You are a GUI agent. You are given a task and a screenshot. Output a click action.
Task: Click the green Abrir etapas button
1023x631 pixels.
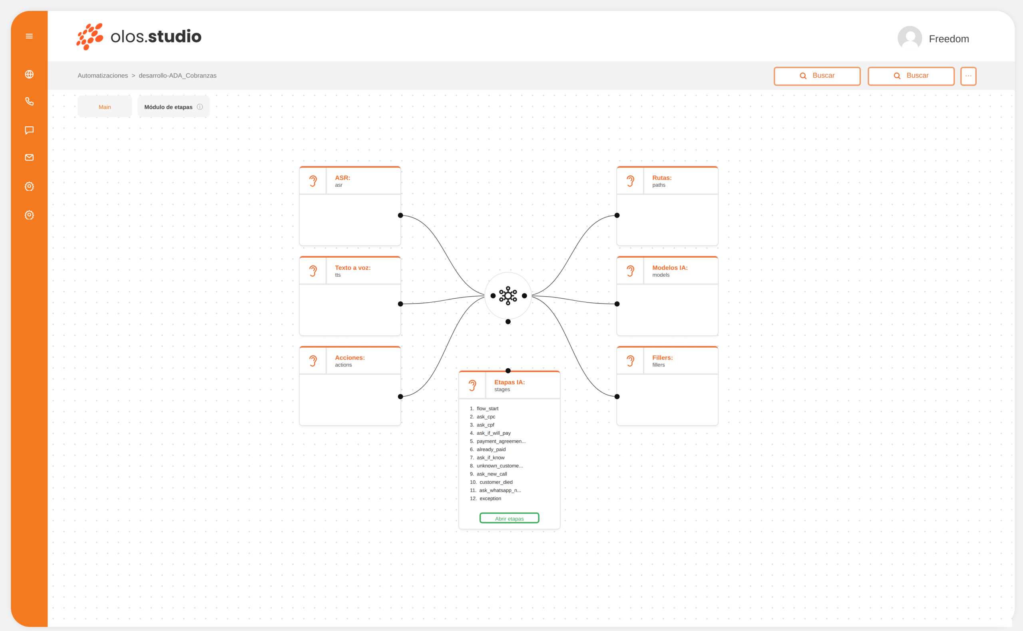click(x=509, y=518)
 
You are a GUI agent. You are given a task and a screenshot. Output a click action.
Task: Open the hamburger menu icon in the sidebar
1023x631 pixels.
click(x=29, y=36)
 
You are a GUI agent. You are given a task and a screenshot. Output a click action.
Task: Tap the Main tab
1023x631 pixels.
click(x=105, y=107)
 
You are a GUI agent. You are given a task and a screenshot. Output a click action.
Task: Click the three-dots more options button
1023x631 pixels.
click(x=968, y=76)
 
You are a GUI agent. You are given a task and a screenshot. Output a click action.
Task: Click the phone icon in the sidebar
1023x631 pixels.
click(x=29, y=102)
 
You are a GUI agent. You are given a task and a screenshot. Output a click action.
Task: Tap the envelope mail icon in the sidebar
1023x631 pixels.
click(x=29, y=157)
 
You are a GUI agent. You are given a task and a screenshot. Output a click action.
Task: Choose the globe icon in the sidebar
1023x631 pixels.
click(x=29, y=74)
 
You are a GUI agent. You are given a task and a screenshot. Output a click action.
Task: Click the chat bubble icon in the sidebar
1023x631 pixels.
click(x=29, y=130)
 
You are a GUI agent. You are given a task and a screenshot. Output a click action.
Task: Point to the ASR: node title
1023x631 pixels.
click(x=342, y=178)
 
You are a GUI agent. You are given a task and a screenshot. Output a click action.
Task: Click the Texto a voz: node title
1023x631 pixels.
click(x=352, y=268)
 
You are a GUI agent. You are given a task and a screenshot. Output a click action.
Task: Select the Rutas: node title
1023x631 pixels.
click(x=662, y=178)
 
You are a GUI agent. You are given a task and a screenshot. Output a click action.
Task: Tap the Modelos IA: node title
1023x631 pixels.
click(x=670, y=268)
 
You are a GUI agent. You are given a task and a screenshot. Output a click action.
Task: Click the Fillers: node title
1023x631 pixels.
click(x=662, y=357)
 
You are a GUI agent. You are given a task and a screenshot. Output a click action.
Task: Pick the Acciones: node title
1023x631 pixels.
click(x=350, y=357)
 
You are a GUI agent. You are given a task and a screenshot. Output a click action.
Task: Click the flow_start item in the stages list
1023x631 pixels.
click(x=488, y=409)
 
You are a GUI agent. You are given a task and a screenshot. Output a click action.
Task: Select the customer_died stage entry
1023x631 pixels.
click(x=496, y=482)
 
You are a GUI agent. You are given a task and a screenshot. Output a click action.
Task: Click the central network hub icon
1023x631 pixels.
click(x=508, y=296)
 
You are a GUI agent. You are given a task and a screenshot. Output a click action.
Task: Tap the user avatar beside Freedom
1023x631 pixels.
click(x=910, y=38)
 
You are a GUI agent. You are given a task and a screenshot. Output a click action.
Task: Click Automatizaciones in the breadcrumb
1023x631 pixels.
click(x=103, y=76)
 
